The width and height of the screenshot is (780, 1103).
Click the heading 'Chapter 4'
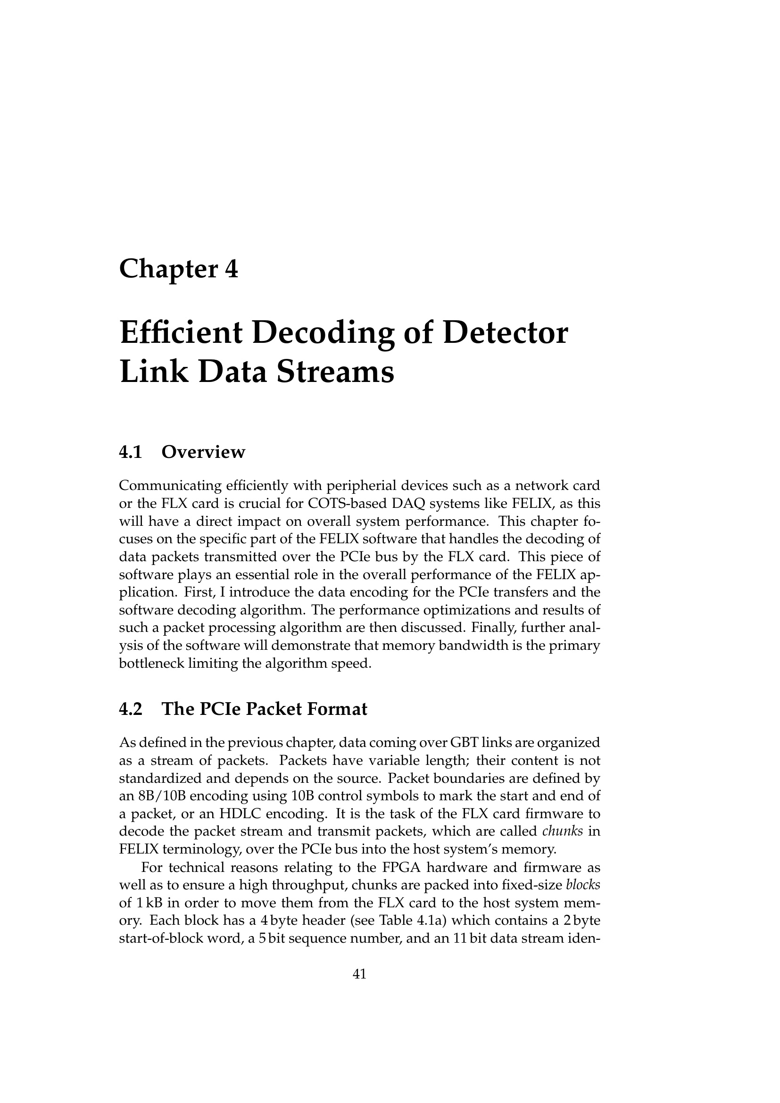178,269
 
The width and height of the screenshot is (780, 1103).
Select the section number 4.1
131,452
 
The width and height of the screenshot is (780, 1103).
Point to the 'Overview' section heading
203,452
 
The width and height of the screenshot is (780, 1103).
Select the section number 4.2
131,709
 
